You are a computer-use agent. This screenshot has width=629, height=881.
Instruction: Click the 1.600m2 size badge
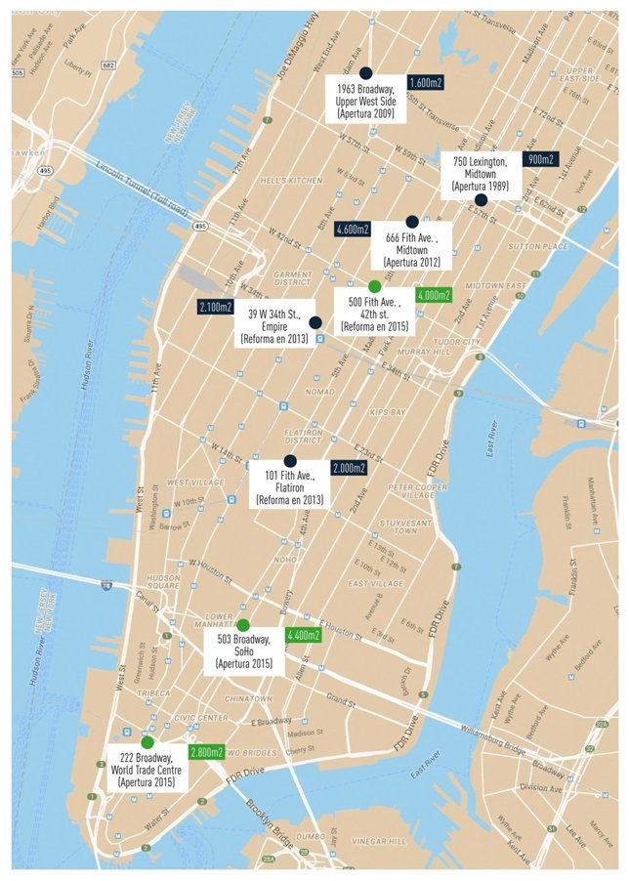[425, 83]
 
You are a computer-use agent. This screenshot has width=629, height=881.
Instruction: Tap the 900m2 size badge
[539, 159]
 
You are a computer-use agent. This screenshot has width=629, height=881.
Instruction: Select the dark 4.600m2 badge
[352, 229]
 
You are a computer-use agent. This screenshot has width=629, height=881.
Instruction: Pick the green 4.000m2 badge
[433, 294]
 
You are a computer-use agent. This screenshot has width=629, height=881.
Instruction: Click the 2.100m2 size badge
[216, 308]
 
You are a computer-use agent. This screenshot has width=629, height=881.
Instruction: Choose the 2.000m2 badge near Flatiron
[349, 468]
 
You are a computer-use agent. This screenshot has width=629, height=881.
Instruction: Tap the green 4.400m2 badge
[303, 635]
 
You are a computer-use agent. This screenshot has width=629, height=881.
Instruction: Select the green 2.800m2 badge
[205, 752]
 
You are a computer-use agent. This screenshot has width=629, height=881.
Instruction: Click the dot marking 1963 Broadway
[365, 73]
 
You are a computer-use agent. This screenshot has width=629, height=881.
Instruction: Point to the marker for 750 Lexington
[481, 199]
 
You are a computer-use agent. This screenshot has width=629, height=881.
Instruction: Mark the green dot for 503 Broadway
[243, 625]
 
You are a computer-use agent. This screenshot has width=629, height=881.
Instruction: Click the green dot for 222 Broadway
[147, 742]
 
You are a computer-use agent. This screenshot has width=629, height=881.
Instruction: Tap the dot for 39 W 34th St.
[314, 322]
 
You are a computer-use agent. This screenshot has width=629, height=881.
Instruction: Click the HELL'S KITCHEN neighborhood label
[290, 181]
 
